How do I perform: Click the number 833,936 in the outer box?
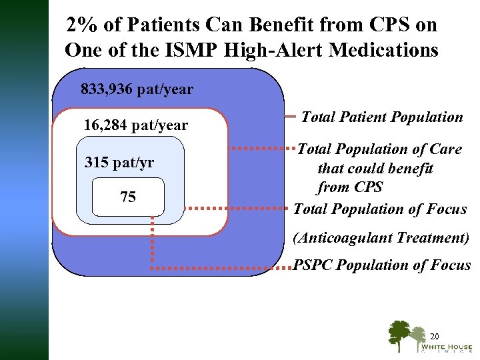[x=107, y=89]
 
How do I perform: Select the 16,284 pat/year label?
[x=136, y=125]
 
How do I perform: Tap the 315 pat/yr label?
[x=119, y=163]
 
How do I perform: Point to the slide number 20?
[x=435, y=335]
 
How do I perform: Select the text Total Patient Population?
[x=382, y=117]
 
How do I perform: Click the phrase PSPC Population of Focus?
[x=382, y=265]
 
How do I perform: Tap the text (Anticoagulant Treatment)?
[x=382, y=237]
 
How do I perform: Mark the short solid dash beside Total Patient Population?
[x=289, y=117]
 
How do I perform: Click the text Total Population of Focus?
[x=380, y=209]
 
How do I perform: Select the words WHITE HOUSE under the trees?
[x=446, y=347]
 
